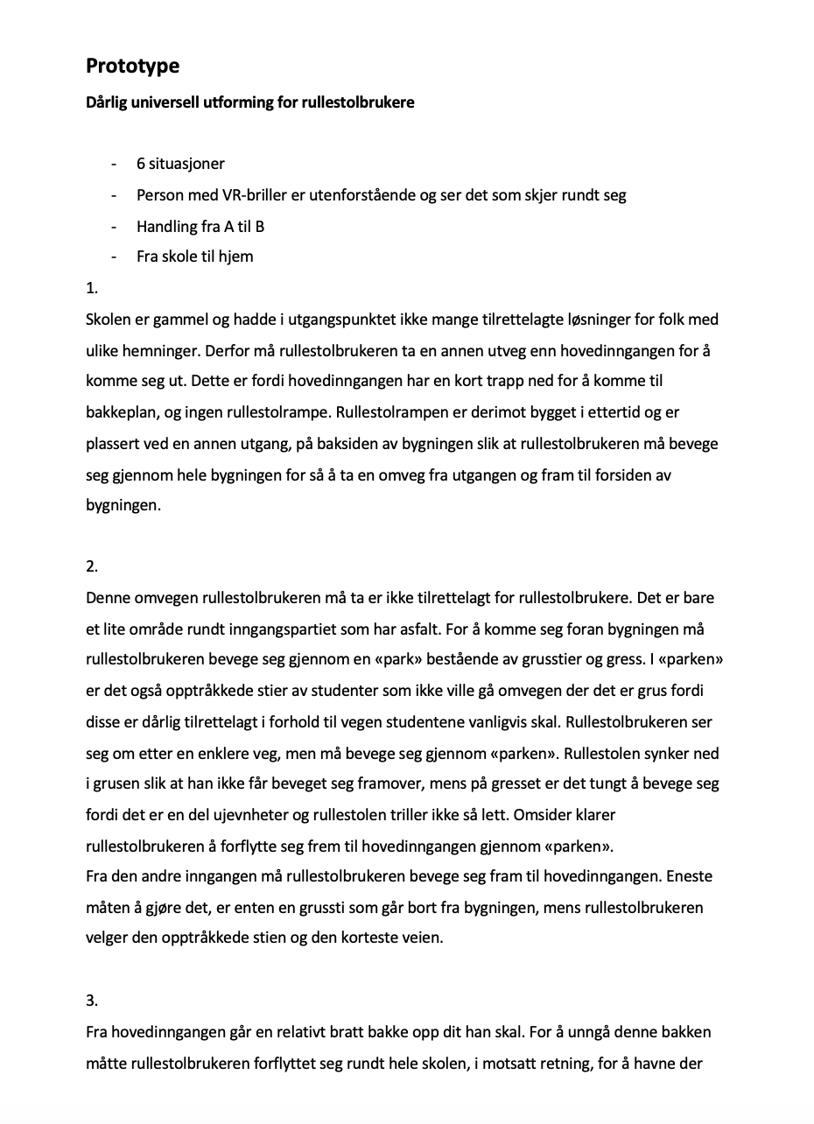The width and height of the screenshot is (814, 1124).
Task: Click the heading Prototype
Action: click(x=132, y=66)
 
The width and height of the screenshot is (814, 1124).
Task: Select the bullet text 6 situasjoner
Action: click(x=180, y=164)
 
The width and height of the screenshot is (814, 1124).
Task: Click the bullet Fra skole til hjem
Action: click(x=194, y=257)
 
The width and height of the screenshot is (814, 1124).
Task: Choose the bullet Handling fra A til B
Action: click(x=200, y=227)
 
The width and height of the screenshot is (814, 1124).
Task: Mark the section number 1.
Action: click(x=92, y=288)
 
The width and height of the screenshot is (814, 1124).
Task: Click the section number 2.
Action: click(x=92, y=566)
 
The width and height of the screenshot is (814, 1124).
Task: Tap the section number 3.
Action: click(x=92, y=1001)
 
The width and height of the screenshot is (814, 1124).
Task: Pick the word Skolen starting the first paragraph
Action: click(x=109, y=320)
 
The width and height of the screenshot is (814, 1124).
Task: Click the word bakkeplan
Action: click(x=120, y=413)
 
